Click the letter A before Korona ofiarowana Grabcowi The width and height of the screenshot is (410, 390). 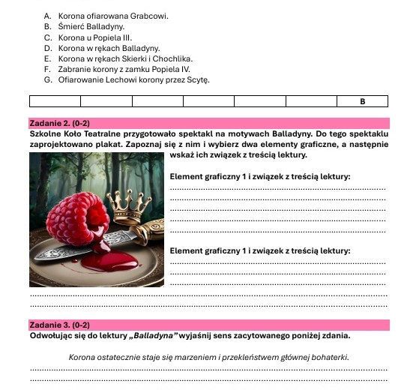tap(47, 15)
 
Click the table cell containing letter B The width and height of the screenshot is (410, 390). tap(363, 100)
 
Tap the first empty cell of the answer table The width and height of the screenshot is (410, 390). tap(54, 100)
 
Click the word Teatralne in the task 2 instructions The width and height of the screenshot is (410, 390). tap(91, 133)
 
